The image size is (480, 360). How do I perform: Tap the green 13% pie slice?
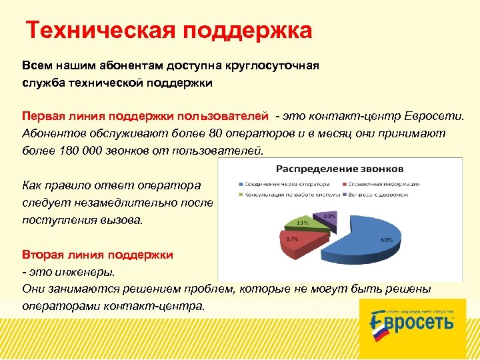[x=304, y=223]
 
